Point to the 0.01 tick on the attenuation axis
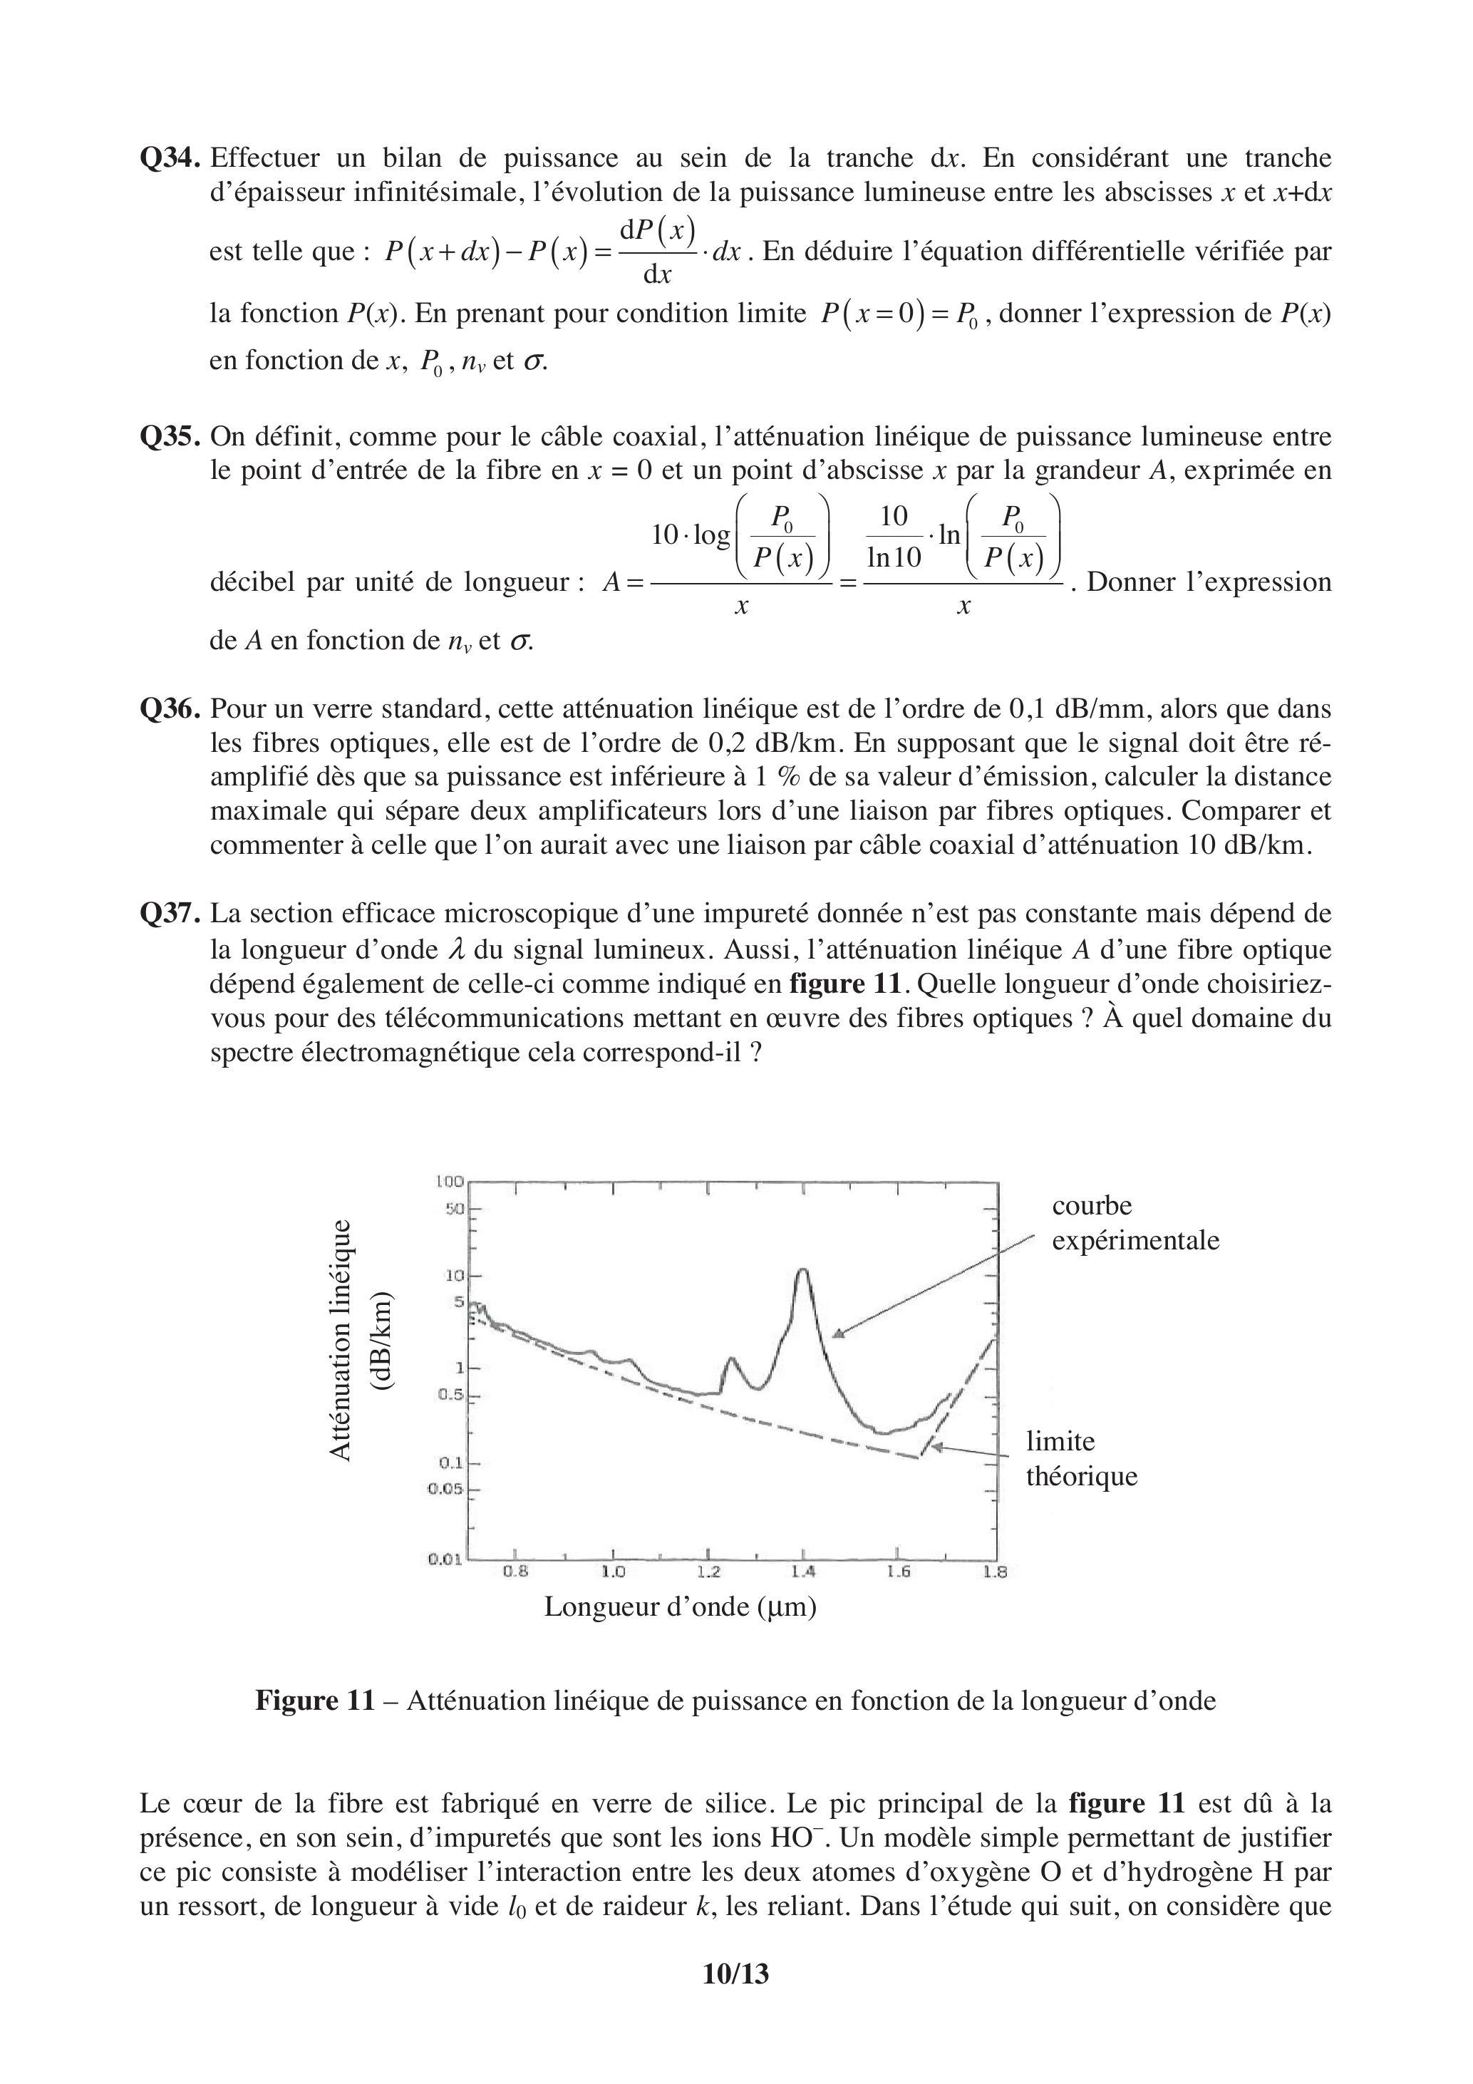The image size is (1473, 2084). (445, 1559)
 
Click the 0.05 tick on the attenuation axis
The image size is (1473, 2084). (447, 1489)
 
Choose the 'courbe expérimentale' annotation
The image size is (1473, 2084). (1135, 1222)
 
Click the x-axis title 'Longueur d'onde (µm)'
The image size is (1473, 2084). (680, 1606)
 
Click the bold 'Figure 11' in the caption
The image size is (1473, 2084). (314, 1700)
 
